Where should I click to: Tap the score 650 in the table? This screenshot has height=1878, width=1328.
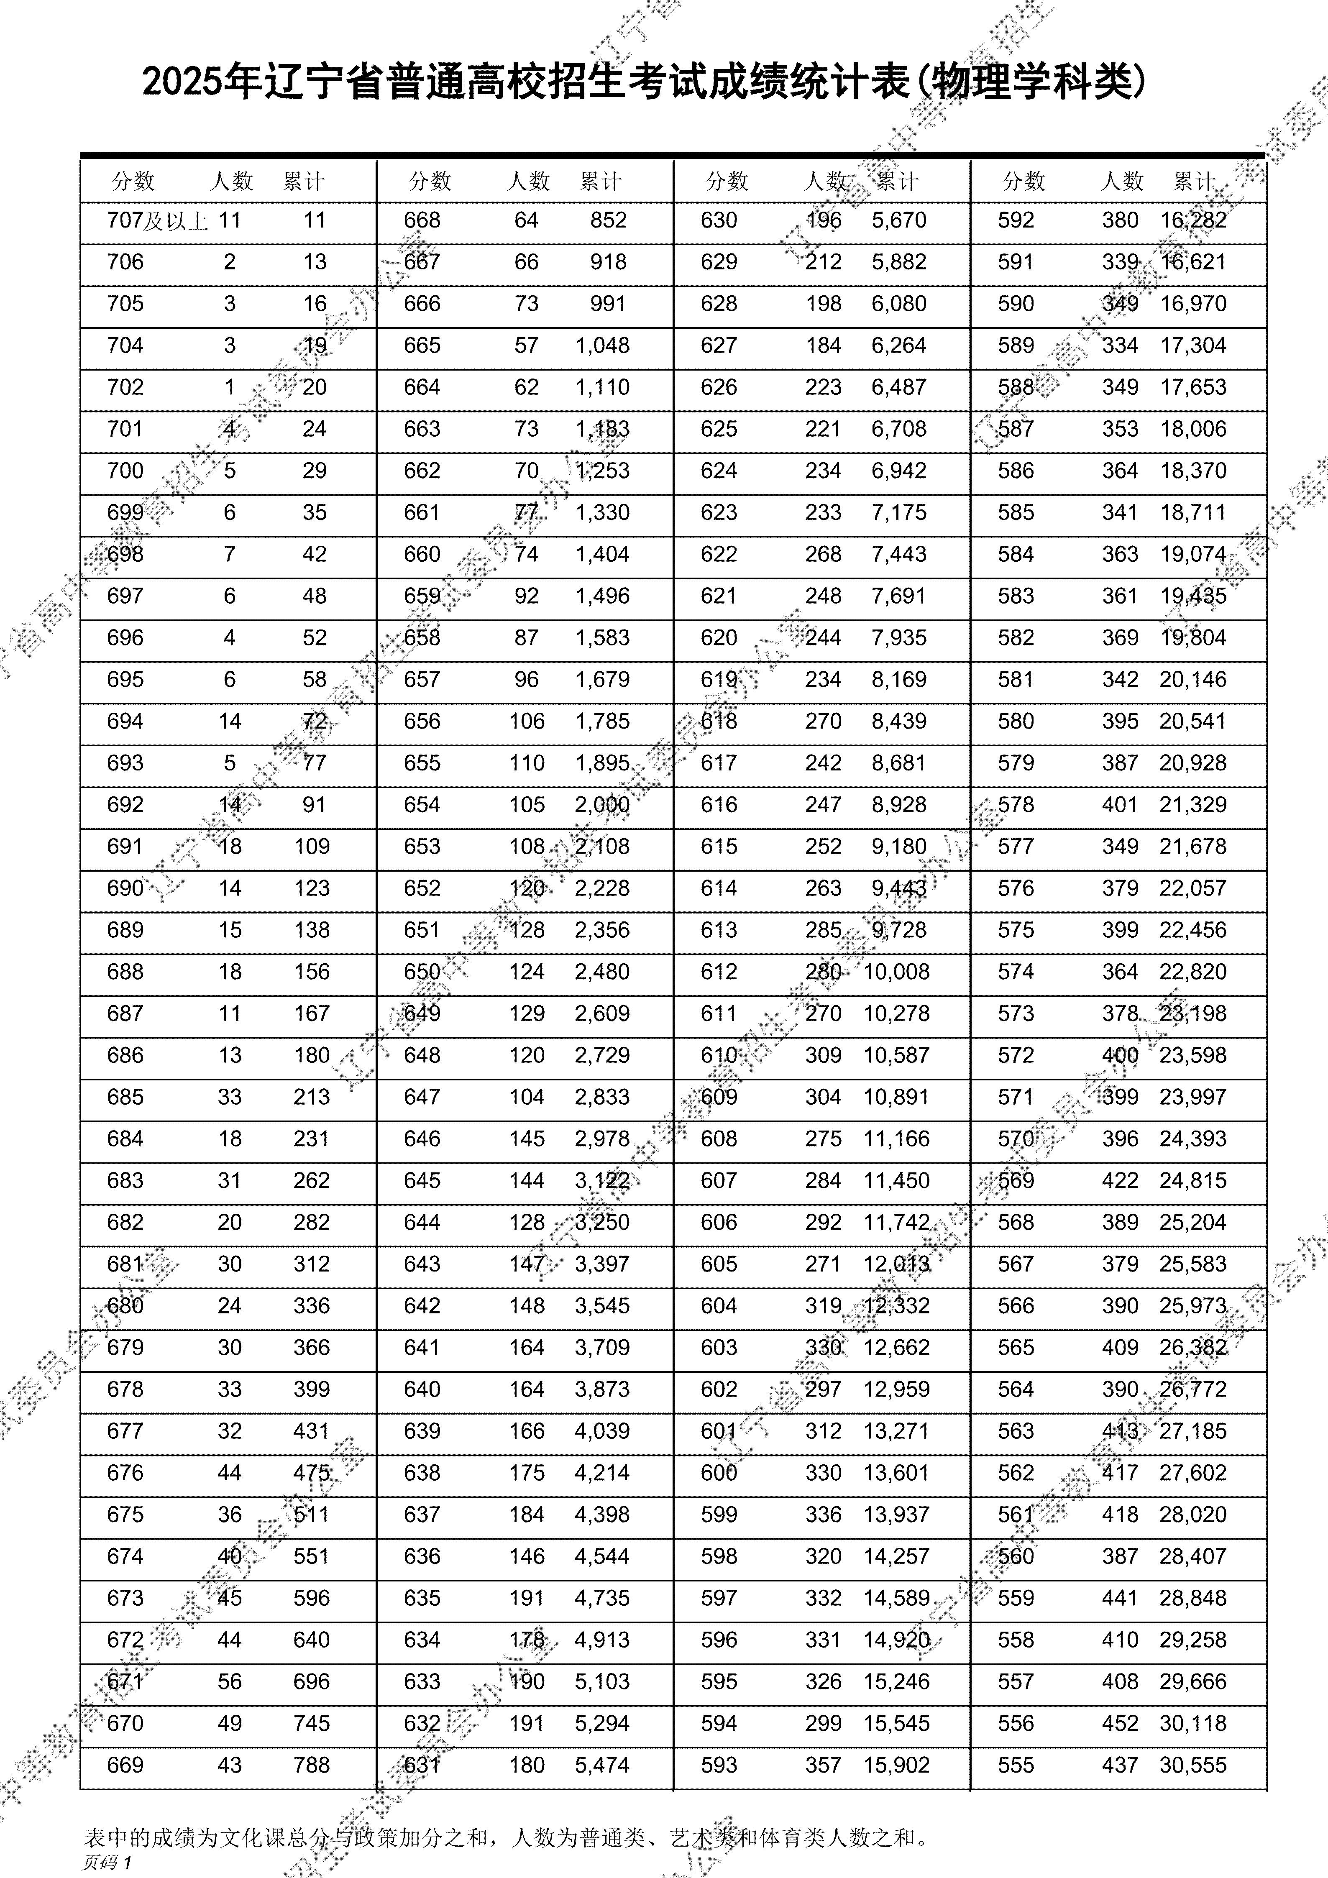pyautogui.click(x=422, y=972)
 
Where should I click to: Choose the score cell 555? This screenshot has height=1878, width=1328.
pyautogui.click(x=1016, y=1765)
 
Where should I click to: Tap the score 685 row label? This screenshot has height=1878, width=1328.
pyautogui.click(x=125, y=1097)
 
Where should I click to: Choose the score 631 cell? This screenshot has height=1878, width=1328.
pyautogui.click(x=422, y=1765)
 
